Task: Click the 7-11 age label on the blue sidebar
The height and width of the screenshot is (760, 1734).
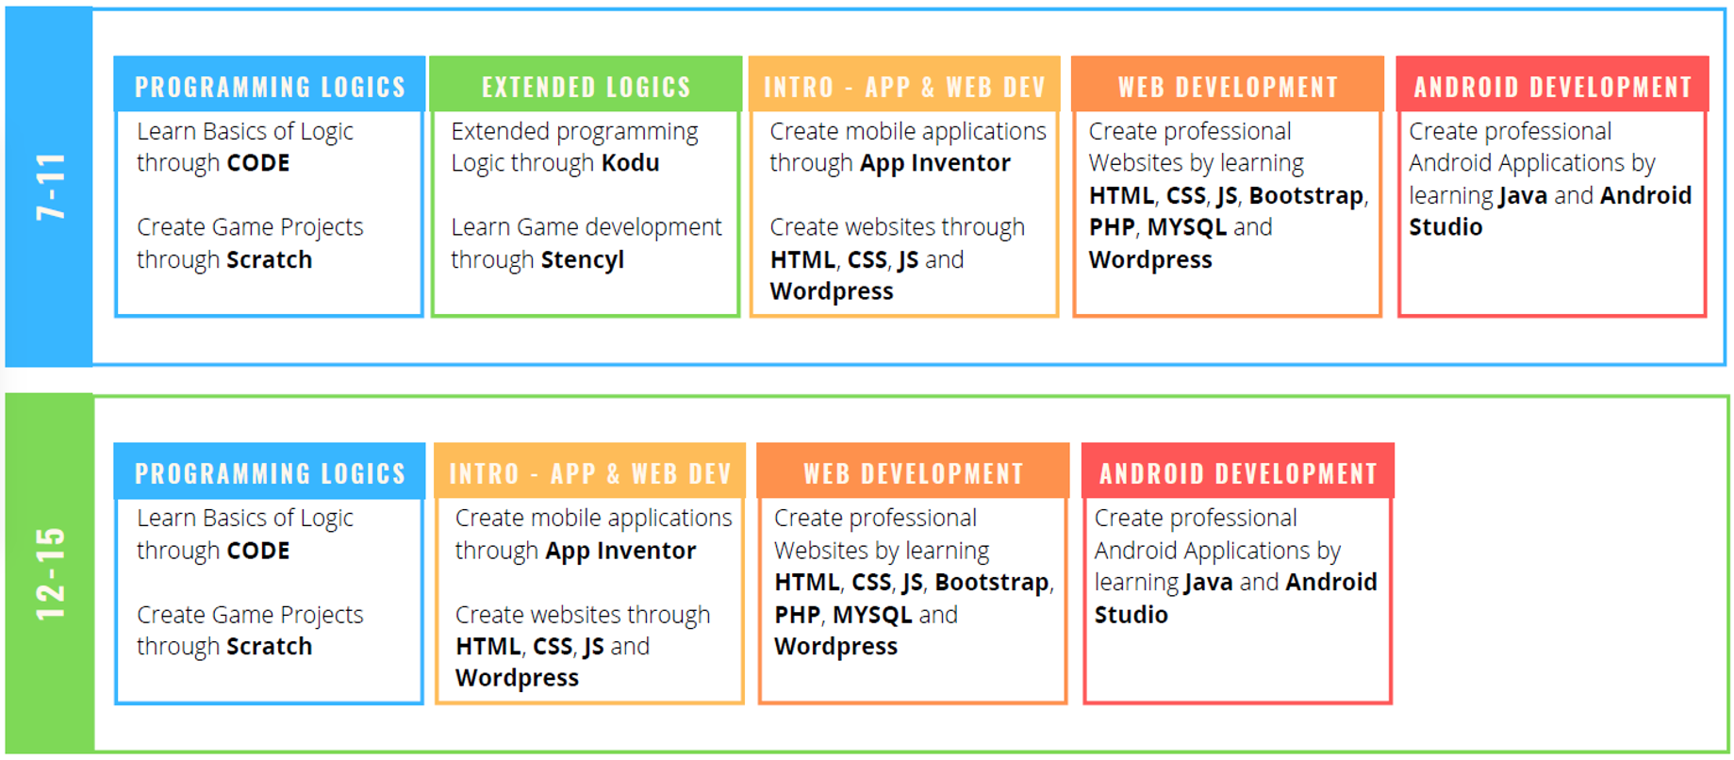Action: tap(51, 187)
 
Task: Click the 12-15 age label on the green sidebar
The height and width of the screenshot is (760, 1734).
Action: tap(51, 574)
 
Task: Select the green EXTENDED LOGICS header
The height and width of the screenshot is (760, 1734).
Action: tap(586, 87)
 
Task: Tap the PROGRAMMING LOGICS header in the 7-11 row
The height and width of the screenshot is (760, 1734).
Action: tap(270, 87)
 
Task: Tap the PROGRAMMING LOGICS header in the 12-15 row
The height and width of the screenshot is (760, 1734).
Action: tap(270, 473)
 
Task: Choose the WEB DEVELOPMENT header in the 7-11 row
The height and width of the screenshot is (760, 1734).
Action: tap(1228, 87)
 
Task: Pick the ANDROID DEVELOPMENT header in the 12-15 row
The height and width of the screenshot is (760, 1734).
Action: tap(1238, 473)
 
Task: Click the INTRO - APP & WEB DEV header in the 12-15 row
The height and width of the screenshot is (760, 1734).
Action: tap(590, 473)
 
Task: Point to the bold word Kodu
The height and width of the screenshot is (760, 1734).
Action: tap(631, 163)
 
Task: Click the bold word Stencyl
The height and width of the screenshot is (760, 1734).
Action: tap(583, 260)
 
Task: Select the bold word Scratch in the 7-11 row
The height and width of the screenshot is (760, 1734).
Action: tap(270, 259)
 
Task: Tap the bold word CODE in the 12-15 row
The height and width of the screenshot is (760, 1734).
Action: tap(258, 551)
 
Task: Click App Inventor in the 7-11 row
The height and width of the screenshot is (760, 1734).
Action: tap(934, 164)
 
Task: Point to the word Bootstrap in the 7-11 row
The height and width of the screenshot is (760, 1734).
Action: tap(1307, 196)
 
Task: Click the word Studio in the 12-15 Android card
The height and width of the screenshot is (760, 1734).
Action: tap(1131, 615)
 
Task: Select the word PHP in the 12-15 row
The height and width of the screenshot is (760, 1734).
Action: tap(797, 615)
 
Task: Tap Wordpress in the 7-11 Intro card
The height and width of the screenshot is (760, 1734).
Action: tap(832, 292)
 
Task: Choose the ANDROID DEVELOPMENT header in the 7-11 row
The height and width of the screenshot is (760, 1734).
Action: tap(1553, 87)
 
